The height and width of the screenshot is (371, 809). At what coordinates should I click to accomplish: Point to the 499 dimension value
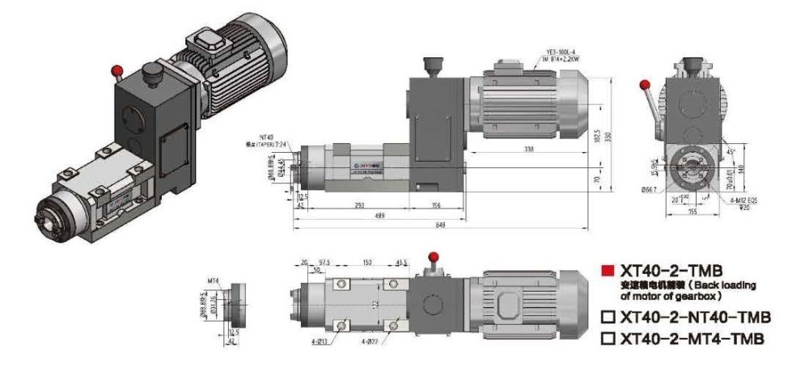pos(379,216)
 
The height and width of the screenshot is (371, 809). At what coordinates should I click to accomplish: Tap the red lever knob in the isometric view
pos(118,69)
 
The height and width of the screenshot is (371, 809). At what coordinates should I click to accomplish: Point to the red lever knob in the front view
pos(645,84)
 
